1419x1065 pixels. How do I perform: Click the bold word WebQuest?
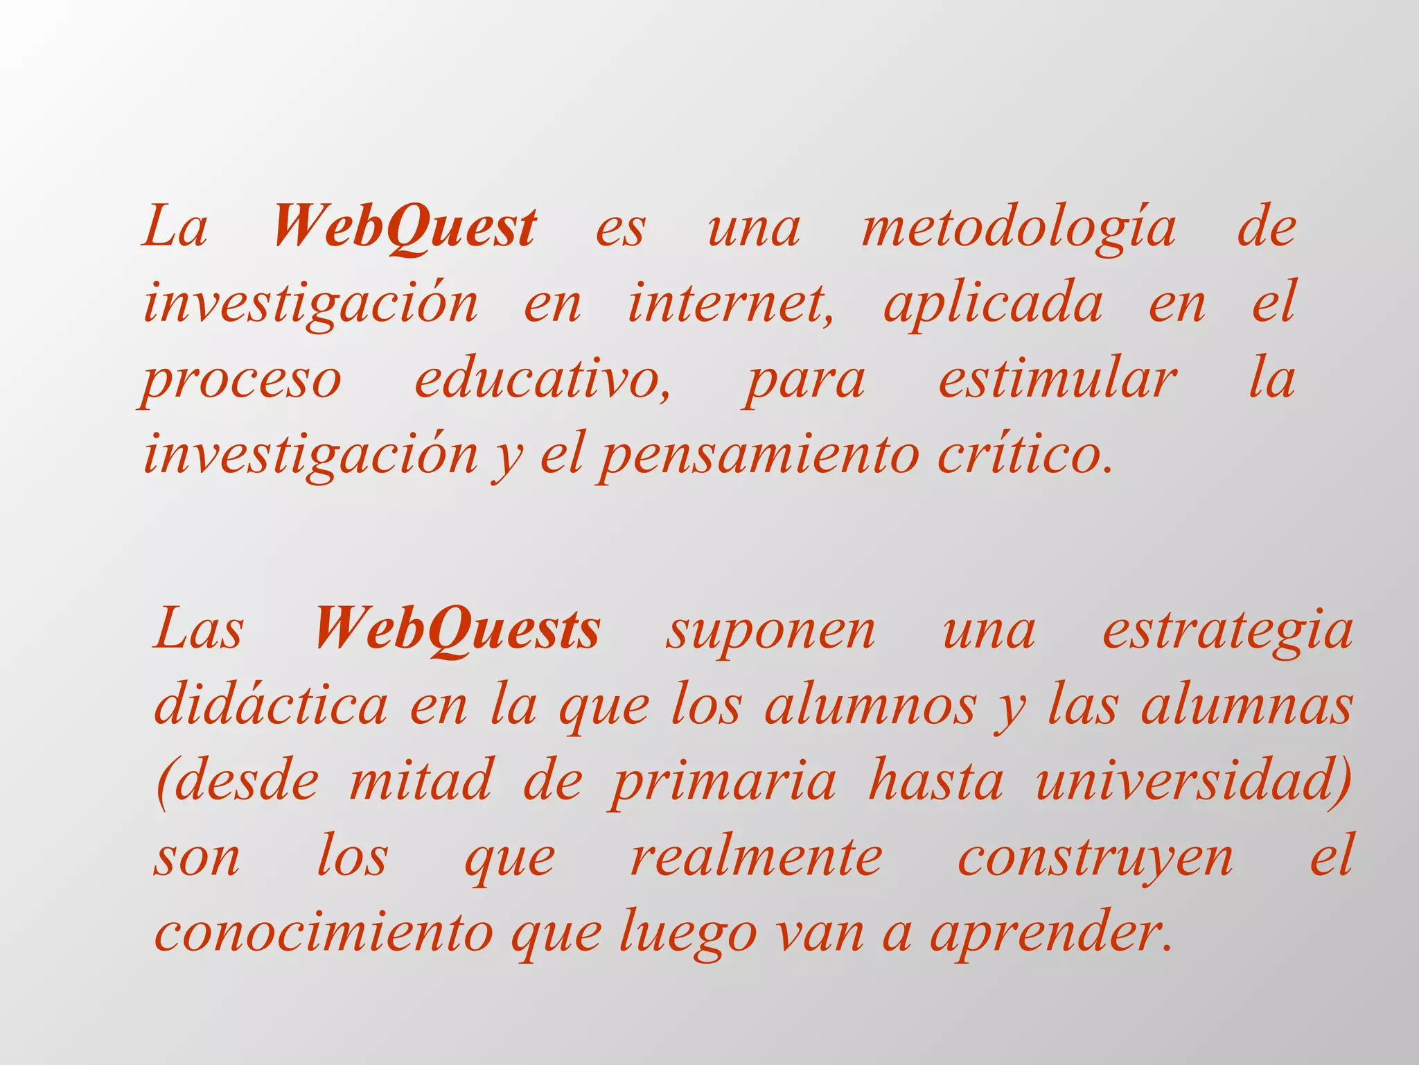[405, 227]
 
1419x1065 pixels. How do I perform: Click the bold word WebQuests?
[457, 630]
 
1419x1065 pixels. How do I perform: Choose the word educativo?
[542, 380]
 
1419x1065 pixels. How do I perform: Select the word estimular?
[1057, 380]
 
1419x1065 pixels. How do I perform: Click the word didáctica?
[270, 706]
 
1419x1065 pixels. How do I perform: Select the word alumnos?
[870, 706]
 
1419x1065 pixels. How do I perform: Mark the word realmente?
[756, 858]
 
